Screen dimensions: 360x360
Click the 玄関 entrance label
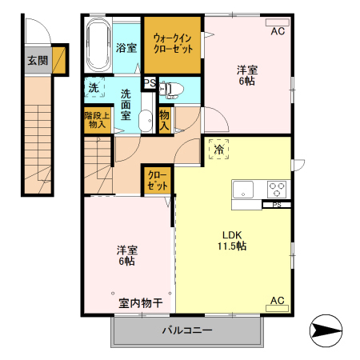38,61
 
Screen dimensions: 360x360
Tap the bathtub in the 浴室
98,47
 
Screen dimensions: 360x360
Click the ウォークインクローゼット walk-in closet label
173,42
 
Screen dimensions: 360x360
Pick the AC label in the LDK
278,301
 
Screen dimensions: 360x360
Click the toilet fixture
174,88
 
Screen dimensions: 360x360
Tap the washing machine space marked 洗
94,87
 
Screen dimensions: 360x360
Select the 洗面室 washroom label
126,104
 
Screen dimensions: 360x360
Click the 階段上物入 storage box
95,120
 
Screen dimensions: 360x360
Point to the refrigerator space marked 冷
218,148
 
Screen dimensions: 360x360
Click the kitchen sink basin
243,190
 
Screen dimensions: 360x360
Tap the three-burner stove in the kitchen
277,190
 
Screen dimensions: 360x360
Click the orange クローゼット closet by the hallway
157,179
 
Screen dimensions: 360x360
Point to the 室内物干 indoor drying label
141,303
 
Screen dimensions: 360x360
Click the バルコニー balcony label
187,330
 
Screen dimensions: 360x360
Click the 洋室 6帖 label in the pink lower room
126,255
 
